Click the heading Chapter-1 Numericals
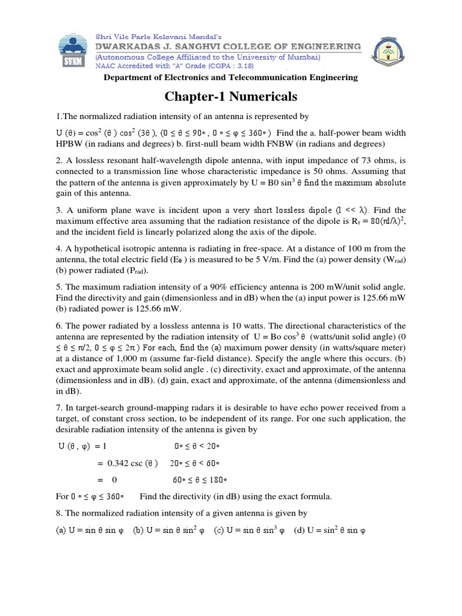click(x=230, y=97)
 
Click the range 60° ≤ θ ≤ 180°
click(x=200, y=480)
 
